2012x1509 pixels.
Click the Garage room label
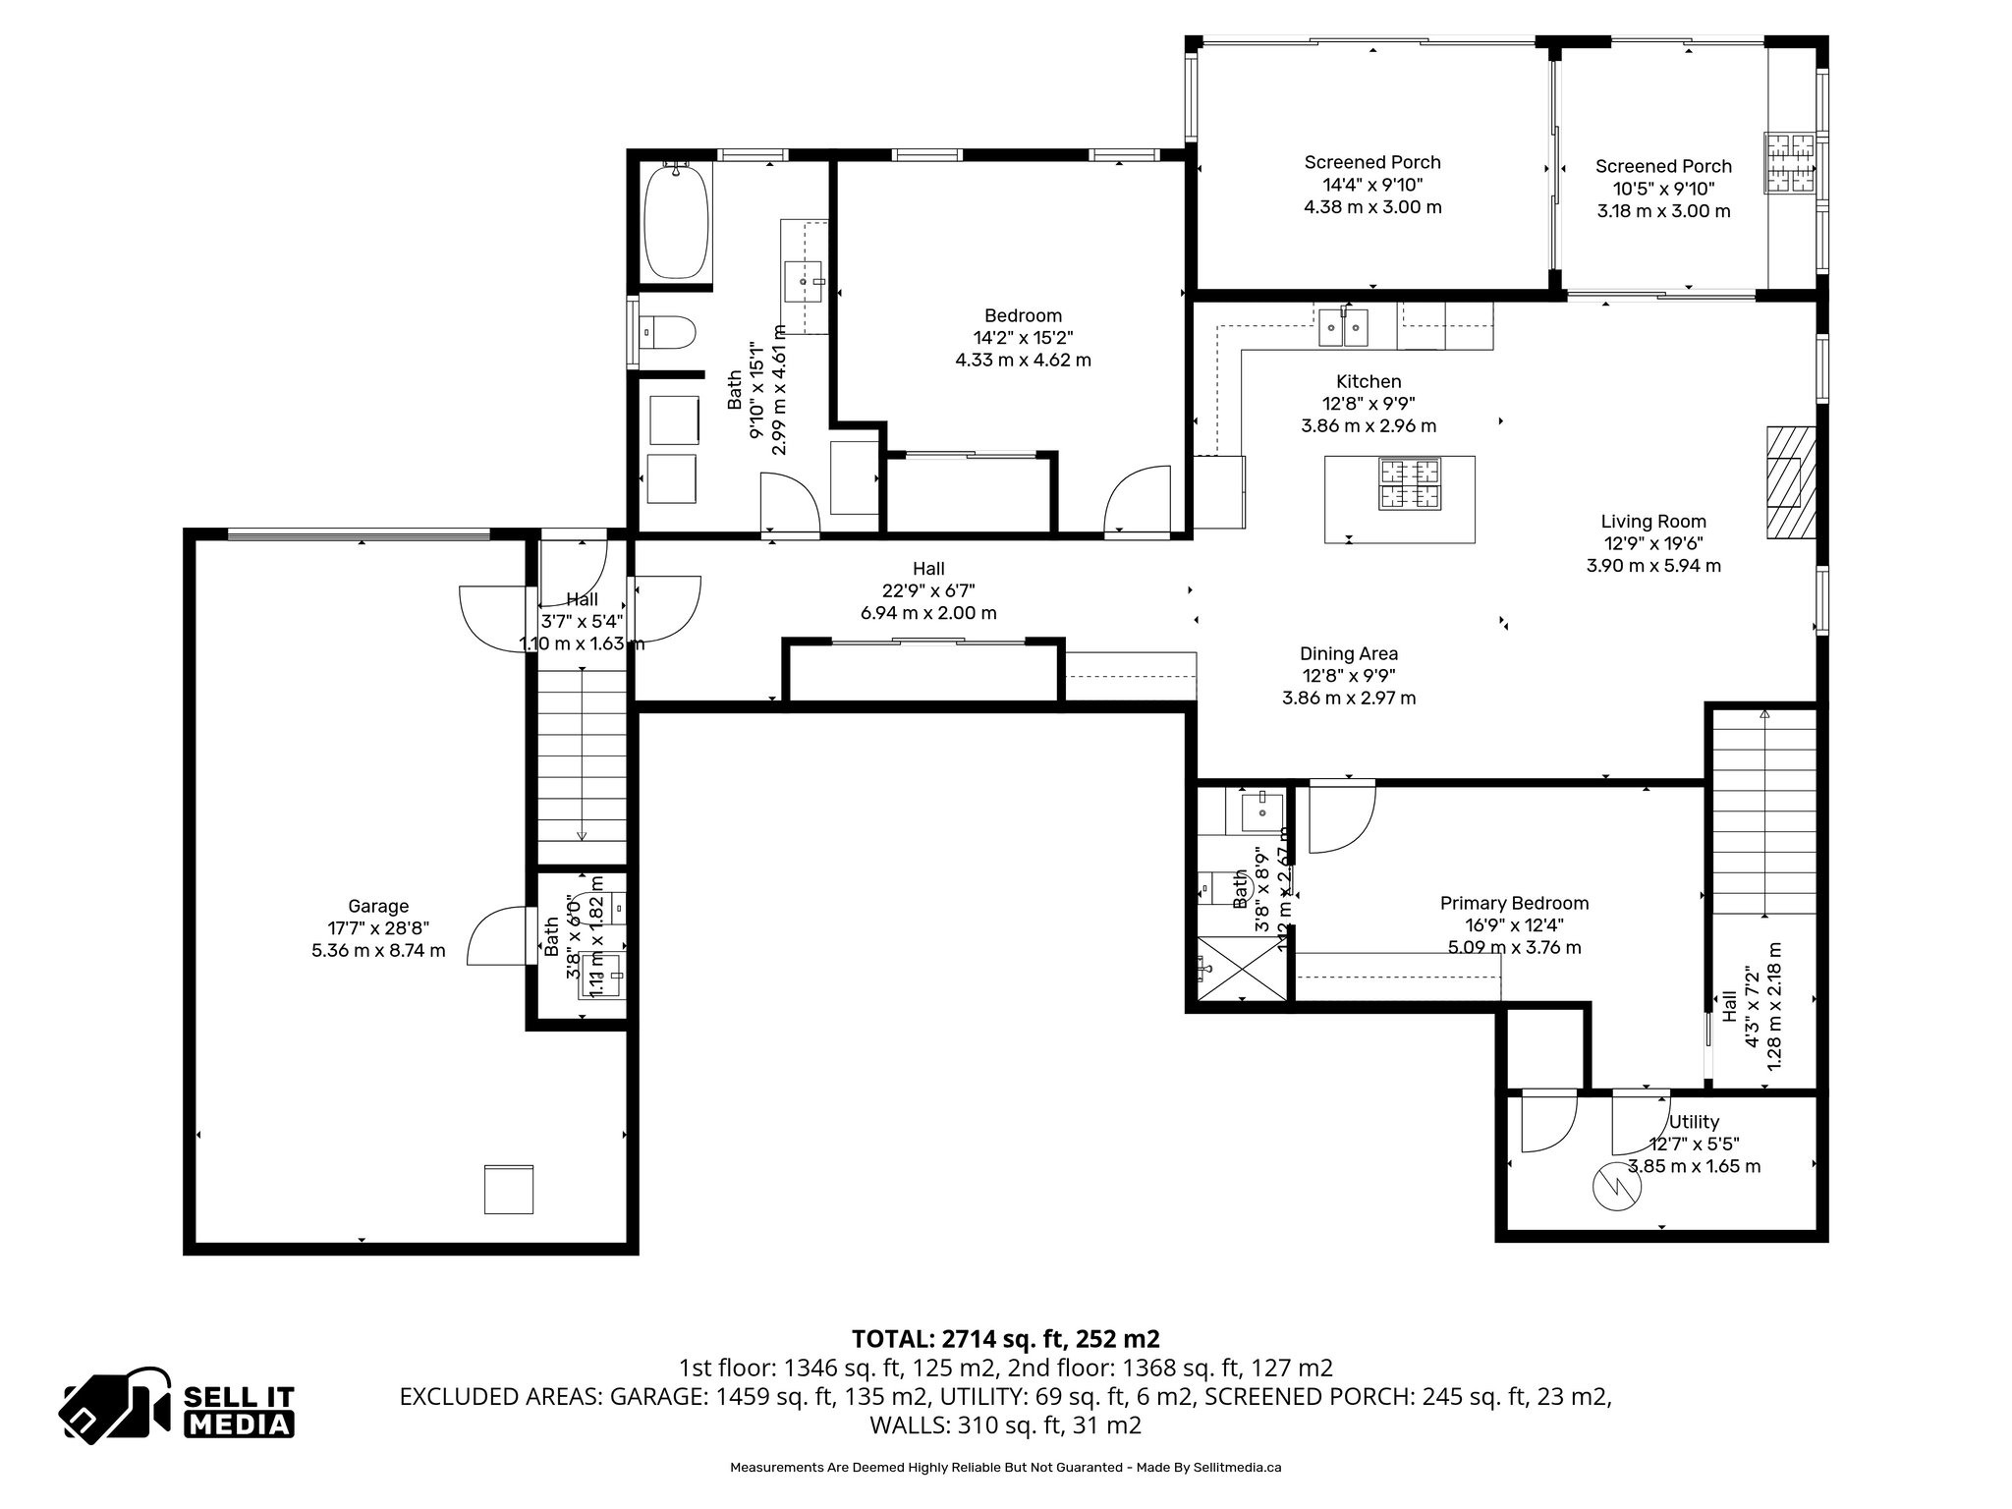378,907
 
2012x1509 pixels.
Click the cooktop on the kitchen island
1411,484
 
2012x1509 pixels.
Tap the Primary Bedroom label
1514,903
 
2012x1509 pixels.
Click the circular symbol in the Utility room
1616,1188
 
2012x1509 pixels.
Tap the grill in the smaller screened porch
1791,162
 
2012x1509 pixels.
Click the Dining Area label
1349,654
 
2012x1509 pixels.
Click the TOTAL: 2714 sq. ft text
1005,1338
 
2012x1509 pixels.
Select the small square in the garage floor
509,1190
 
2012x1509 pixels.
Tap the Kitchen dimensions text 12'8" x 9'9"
1369,403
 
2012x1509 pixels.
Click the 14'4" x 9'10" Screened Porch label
1372,185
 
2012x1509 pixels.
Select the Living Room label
1653,522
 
